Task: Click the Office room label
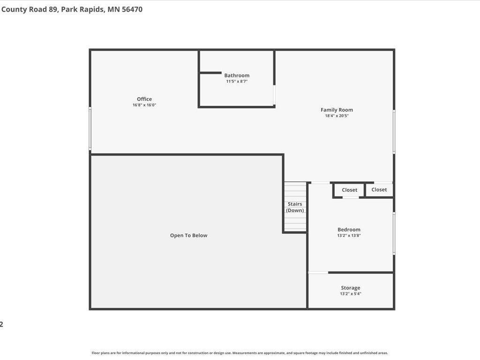[144, 99]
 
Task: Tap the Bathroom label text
[237, 75]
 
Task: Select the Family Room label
[337, 110]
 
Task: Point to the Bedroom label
[349, 230]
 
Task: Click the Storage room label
[351, 288]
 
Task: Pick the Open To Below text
[188, 235]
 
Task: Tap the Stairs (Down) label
[295, 207]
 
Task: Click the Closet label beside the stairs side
[349, 190]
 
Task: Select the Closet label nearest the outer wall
[379, 189]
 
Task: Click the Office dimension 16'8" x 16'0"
[144, 105]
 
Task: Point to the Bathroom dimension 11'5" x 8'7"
[237, 82]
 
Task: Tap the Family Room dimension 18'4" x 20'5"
[337, 116]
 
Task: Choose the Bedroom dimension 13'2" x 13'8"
[349, 236]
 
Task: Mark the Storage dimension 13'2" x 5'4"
[351, 294]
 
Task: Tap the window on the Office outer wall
[90, 128]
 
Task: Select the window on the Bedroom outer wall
[394, 233]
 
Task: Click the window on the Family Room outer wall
[394, 131]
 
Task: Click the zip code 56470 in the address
[132, 9]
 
